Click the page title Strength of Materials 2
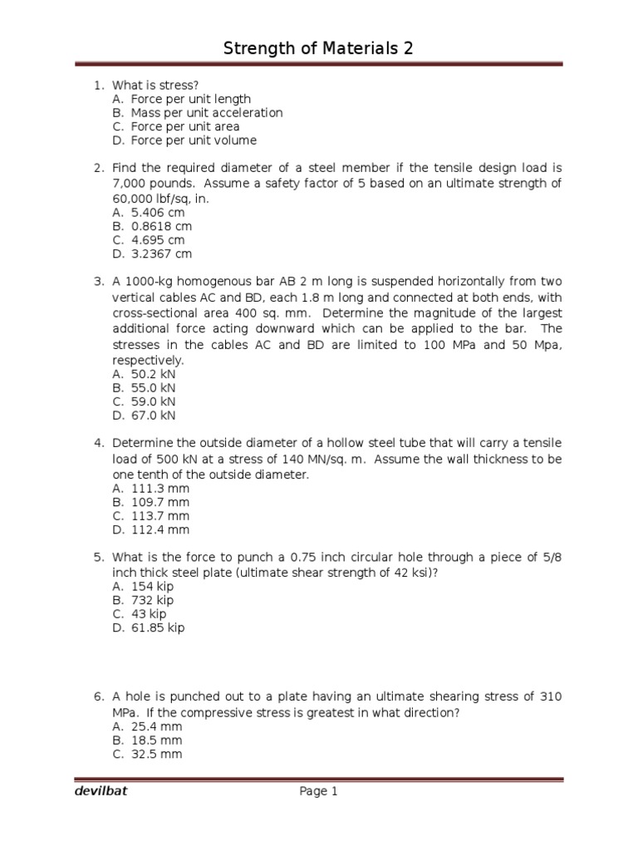click(x=318, y=49)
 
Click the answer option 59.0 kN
click(x=154, y=401)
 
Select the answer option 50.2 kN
click(x=154, y=374)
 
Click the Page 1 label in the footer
click(x=319, y=792)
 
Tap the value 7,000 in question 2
click(x=130, y=184)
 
